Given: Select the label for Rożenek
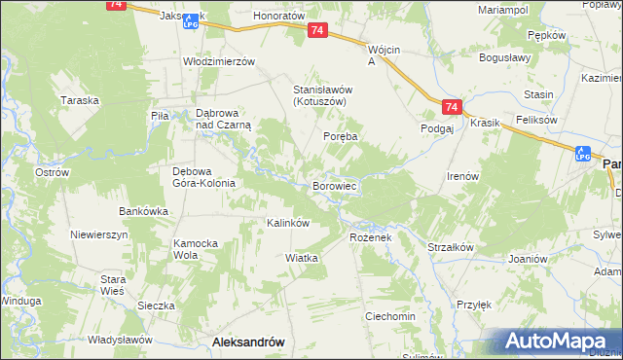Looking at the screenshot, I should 370,236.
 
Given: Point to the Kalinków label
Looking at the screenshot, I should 288,223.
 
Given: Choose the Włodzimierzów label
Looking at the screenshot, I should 219,60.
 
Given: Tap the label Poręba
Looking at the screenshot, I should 341,137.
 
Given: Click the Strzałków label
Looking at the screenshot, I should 450,247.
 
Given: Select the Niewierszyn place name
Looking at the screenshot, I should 99,235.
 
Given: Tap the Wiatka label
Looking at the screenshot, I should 302,258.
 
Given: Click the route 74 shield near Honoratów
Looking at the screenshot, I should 317,32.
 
